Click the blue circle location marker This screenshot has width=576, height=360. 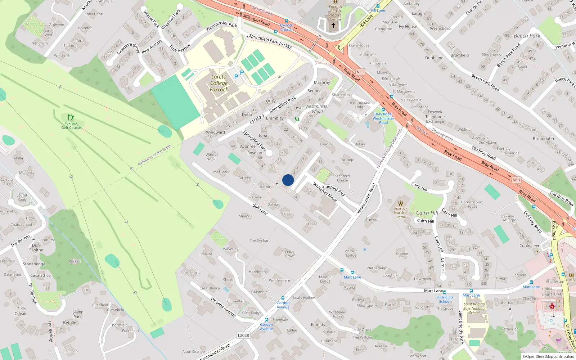(288, 180)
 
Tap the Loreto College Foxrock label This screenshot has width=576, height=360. (219, 83)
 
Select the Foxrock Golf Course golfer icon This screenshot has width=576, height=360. (71, 117)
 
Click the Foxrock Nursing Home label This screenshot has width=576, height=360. (401, 213)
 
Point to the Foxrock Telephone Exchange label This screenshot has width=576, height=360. (435, 117)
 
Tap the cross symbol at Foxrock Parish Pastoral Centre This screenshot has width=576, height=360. (333, 25)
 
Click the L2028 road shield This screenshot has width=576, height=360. (243, 335)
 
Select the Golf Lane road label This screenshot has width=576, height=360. (260, 209)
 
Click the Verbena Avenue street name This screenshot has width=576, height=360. (223, 307)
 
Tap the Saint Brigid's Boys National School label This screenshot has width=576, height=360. (474, 308)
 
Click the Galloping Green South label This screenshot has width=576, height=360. (154, 155)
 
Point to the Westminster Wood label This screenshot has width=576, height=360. (317, 109)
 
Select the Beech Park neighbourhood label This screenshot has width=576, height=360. (527, 36)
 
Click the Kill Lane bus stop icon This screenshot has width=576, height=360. (378, 6)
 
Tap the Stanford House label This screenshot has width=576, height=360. (342, 178)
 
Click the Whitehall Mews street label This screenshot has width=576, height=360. (325, 192)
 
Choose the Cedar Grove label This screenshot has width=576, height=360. (290, 254)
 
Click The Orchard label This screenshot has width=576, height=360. (260, 240)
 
